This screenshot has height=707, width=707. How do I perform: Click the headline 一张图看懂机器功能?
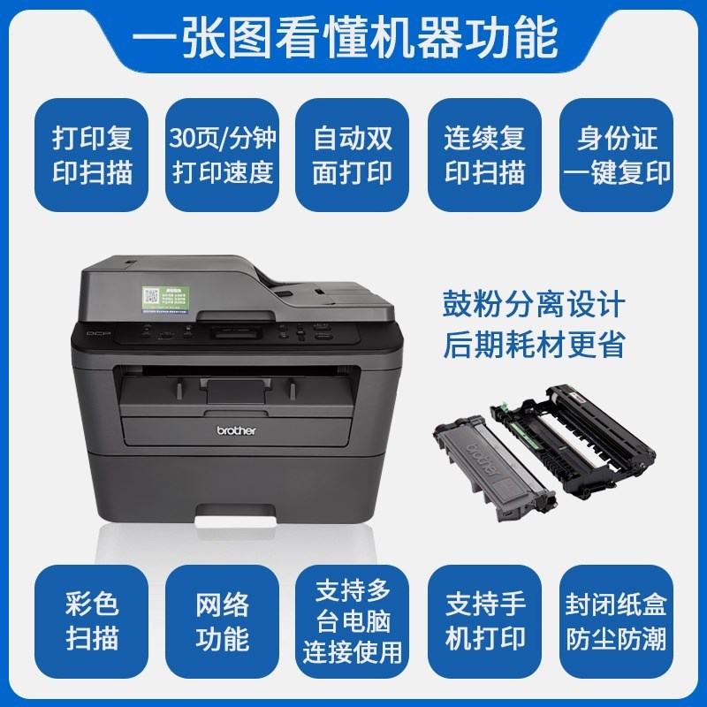(x=353, y=36)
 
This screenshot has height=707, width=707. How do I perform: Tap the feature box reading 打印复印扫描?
(x=91, y=155)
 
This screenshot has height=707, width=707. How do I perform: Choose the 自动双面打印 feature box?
(x=353, y=155)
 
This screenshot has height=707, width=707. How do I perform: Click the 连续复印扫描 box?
(x=484, y=155)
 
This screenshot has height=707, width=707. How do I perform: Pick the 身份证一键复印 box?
(x=617, y=155)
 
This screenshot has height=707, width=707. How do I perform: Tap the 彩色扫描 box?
(x=91, y=621)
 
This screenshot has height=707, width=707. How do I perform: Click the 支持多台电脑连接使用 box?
(x=353, y=621)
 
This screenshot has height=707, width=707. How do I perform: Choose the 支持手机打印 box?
(x=484, y=621)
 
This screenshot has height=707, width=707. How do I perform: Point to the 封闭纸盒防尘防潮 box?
(x=617, y=621)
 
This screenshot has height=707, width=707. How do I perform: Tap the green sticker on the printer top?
(x=168, y=300)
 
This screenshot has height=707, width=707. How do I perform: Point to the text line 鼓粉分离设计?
(x=534, y=306)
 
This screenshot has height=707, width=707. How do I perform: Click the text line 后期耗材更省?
(x=534, y=345)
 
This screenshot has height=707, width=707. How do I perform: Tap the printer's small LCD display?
(x=236, y=334)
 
